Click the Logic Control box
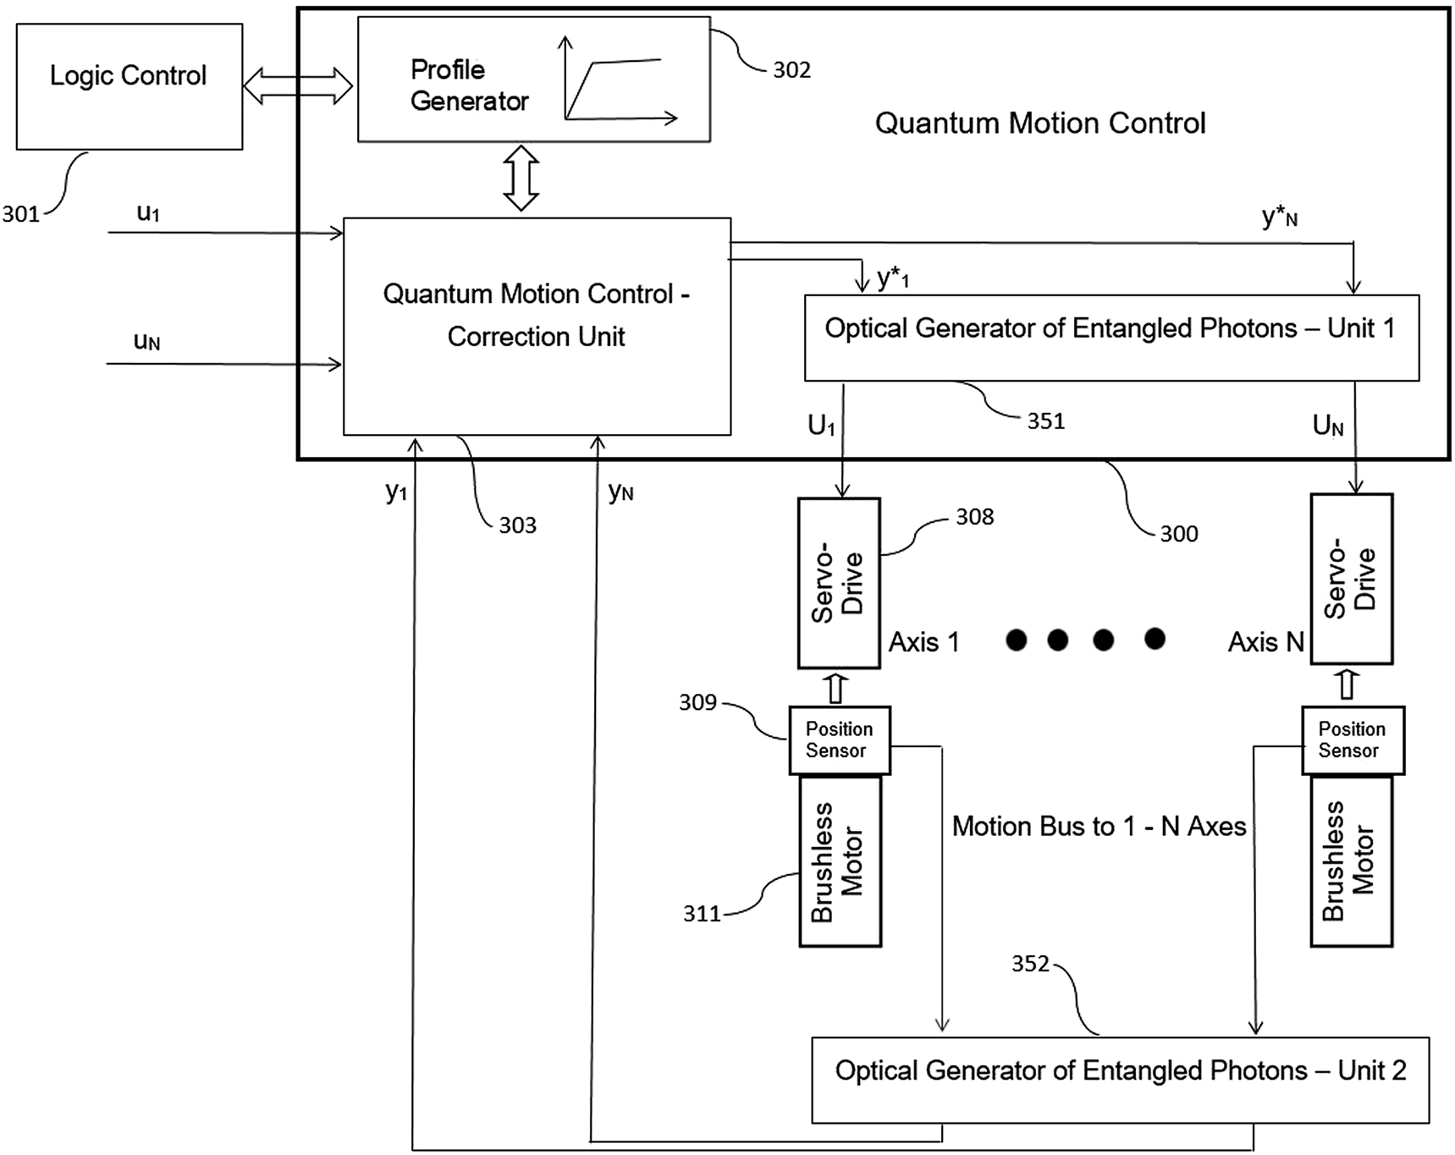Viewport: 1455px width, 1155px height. tap(129, 86)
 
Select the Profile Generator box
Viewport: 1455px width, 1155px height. tap(533, 80)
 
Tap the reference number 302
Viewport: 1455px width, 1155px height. tap(791, 70)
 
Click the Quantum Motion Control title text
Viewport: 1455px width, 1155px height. tap(1039, 124)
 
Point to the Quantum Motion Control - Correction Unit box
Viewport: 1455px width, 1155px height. tap(537, 327)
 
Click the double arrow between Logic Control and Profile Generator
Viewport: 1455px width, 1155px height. tap(298, 86)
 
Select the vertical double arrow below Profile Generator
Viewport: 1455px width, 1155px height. tap(521, 178)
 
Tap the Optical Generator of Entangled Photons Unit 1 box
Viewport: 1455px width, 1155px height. tap(1111, 337)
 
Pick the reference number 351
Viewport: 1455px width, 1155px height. tap(1045, 421)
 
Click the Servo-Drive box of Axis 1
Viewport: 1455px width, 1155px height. tap(839, 583)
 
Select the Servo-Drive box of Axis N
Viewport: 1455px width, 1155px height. tap(1351, 580)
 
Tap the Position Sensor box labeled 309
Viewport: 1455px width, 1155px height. tap(839, 740)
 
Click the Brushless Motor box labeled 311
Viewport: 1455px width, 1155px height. tap(840, 861)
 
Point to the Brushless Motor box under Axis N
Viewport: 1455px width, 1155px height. tap(1351, 861)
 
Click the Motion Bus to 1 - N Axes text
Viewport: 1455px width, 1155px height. tap(1098, 826)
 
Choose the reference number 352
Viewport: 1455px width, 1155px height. tap(1029, 964)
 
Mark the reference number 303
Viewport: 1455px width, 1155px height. tap(517, 525)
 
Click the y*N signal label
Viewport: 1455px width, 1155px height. tap(1279, 217)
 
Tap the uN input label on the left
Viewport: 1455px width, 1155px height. tap(146, 341)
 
